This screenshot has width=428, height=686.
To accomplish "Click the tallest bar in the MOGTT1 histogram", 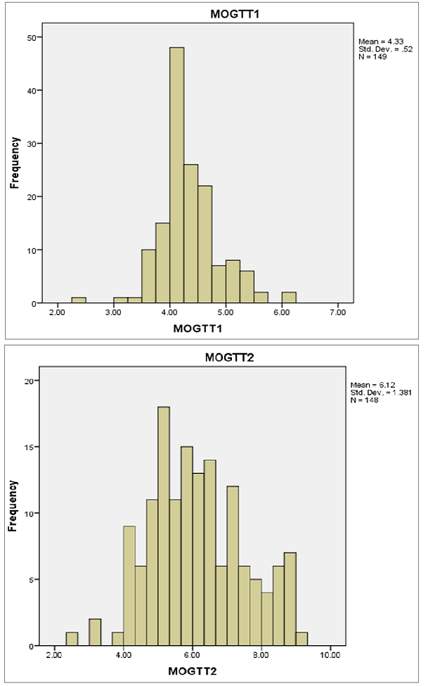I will click(176, 176).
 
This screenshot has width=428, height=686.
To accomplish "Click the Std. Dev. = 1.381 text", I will click(379, 392).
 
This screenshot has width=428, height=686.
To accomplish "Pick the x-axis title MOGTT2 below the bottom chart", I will click(194, 671).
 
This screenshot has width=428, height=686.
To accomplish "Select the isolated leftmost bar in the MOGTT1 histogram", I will click(79, 300).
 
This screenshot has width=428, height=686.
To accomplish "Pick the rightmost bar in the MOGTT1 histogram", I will click(289, 298).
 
